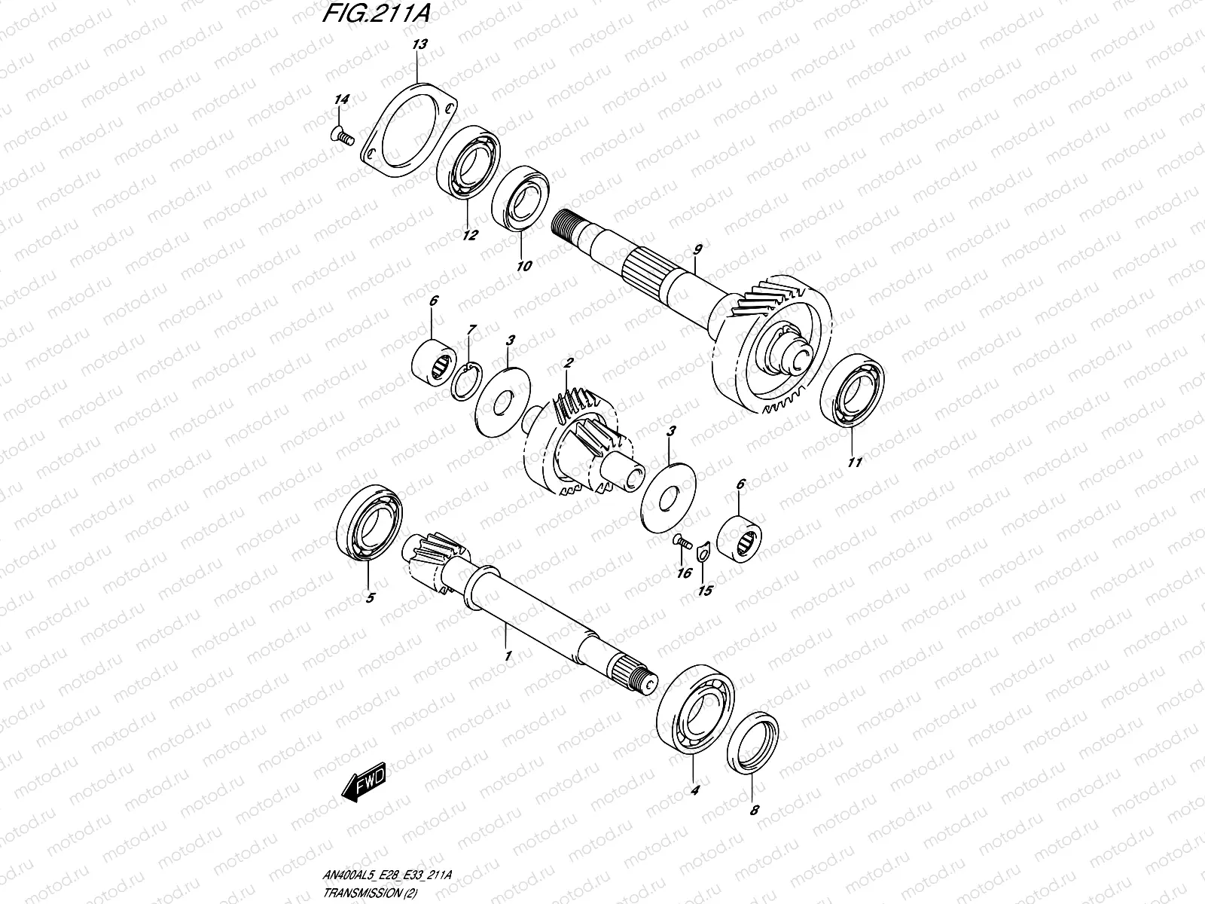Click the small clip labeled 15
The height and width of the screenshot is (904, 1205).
(x=703, y=554)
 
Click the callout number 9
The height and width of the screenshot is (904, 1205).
(x=697, y=269)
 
